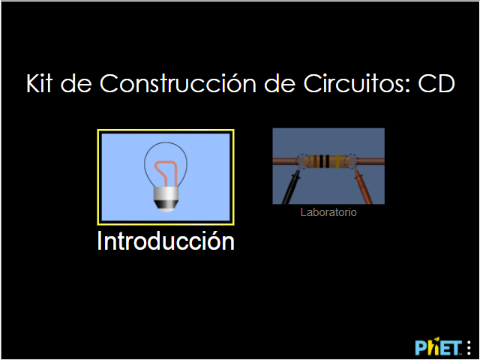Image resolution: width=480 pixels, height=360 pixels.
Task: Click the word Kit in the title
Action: click(39, 83)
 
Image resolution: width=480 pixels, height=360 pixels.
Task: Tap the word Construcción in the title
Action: click(178, 83)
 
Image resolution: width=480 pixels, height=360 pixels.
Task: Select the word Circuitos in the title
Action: click(357, 83)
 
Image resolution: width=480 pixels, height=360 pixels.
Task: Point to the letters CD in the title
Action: click(436, 83)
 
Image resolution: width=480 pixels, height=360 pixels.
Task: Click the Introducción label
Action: click(166, 241)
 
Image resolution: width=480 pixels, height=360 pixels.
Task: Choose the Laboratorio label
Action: click(328, 212)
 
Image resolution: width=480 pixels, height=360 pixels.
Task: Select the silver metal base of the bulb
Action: click(166, 193)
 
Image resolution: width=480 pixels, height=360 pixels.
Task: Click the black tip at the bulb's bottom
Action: click(166, 205)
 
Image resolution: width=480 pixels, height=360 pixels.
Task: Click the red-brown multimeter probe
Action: click(363, 187)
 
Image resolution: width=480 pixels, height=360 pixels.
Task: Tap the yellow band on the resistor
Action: click(337, 161)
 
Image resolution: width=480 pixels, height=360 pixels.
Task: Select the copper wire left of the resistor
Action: click(285, 161)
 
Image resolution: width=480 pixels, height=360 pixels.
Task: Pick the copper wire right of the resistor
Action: click(371, 161)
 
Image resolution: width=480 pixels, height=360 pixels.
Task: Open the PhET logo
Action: click(438, 347)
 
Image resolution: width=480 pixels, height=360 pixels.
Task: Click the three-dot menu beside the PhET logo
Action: click(469, 348)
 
